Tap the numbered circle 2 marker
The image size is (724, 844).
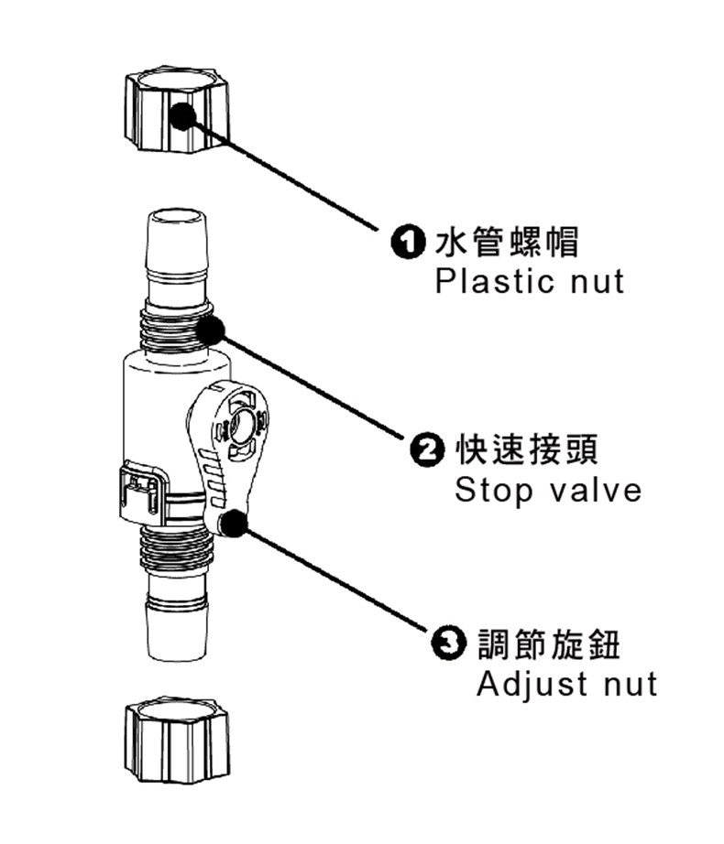(x=426, y=450)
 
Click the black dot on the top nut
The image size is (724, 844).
(x=184, y=115)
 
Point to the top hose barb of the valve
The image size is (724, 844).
(x=175, y=252)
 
